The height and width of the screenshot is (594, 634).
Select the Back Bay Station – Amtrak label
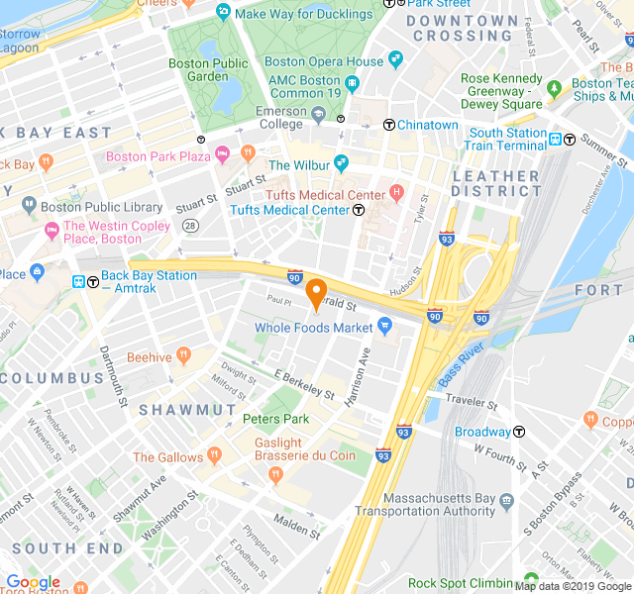(149, 282)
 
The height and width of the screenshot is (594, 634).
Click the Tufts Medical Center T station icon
(359, 210)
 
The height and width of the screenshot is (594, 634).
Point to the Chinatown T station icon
(389, 126)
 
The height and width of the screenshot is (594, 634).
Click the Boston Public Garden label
(209, 69)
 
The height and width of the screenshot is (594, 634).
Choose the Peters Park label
(276, 419)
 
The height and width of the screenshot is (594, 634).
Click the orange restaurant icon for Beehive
(183, 356)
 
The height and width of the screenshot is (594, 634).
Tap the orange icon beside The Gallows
(212, 456)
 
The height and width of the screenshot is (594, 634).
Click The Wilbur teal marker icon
(342, 163)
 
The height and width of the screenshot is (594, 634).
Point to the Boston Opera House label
(324, 61)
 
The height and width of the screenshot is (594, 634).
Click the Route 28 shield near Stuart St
(189, 226)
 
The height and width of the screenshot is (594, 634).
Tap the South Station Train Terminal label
(508, 140)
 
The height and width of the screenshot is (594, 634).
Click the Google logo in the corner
(32, 582)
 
